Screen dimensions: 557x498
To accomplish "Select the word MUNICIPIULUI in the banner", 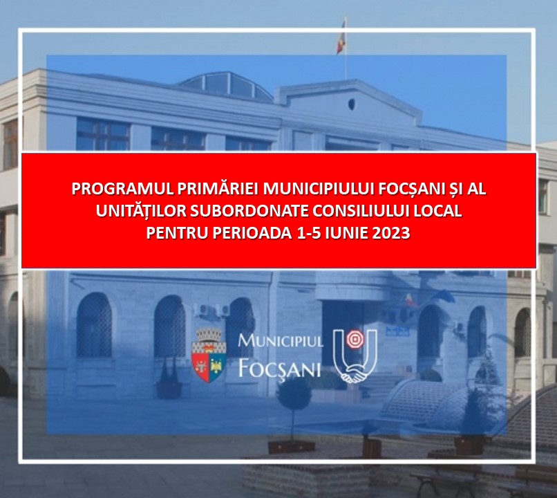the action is pos(319,189).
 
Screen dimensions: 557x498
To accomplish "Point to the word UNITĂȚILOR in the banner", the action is pos(141,210).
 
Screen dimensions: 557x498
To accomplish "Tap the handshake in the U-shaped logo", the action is pos(354,375).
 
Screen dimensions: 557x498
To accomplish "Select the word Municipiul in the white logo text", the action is pos(281,341).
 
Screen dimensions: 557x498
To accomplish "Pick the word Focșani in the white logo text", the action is pos(280,369).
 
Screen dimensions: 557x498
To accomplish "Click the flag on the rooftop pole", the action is pos(341,37).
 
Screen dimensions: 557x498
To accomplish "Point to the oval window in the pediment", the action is pos(352,104).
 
